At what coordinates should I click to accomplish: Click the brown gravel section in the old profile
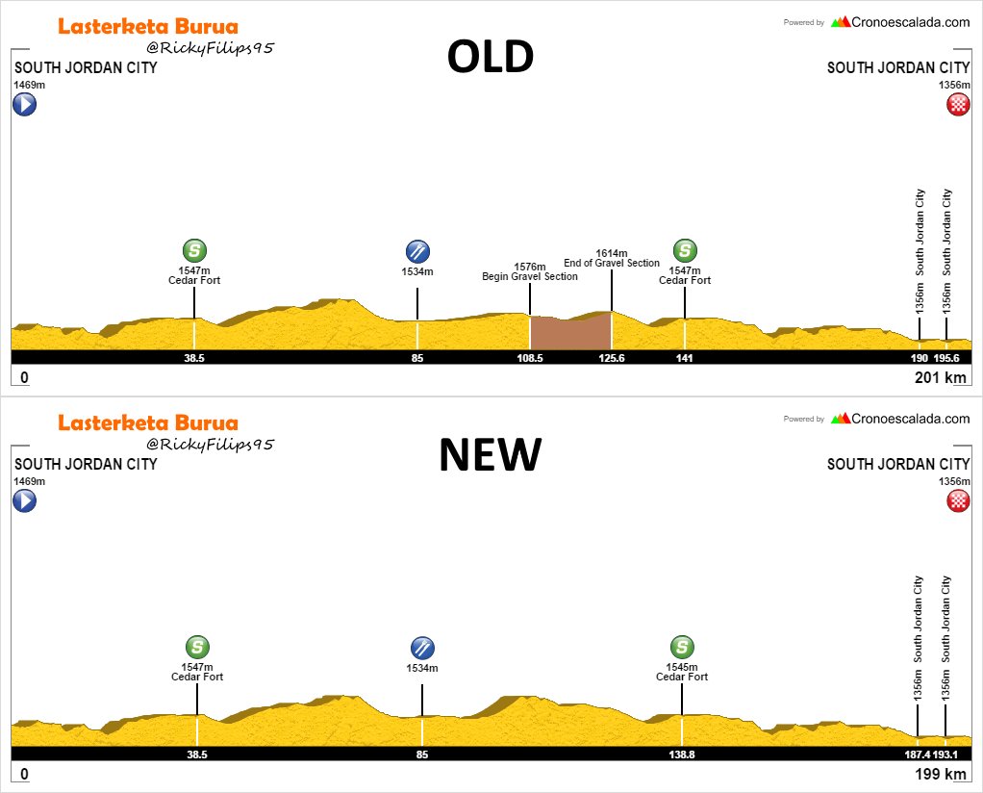pos(570,332)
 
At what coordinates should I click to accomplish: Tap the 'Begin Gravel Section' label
pos(530,277)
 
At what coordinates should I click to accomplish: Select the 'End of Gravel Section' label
pos(612,263)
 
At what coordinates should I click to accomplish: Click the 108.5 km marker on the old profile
pos(530,358)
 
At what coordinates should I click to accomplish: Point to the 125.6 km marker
pos(612,358)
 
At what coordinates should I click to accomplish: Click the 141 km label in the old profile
pos(685,358)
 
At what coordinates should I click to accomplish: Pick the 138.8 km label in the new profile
pos(682,755)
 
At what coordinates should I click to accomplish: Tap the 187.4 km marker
pos(919,755)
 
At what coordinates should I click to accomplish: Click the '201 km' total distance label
pos(940,378)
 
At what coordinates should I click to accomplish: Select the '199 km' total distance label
pos(940,775)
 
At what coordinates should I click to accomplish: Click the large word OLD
pos(490,59)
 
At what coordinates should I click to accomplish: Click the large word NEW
pos(490,455)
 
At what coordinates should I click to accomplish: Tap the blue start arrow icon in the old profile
pos(24,104)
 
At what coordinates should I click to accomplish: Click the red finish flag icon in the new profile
pos(957,500)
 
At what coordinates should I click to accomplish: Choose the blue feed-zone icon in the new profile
pos(421,648)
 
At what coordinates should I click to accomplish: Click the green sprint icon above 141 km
pos(685,251)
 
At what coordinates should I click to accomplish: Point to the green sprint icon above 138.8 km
pos(682,648)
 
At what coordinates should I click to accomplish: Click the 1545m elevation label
pos(682,666)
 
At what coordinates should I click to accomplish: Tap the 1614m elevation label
pos(612,252)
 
